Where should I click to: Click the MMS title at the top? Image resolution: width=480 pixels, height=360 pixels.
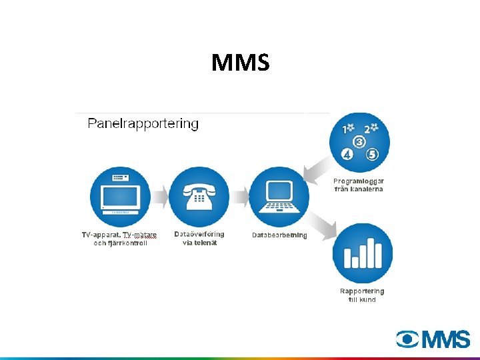click(x=240, y=63)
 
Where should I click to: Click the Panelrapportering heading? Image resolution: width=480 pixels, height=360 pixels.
click(x=143, y=124)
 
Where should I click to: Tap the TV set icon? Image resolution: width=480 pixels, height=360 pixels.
click(x=120, y=196)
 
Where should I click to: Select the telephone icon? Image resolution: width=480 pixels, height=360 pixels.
click(x=199, y=196)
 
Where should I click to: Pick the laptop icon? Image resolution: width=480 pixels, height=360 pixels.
click(x=279, y=196)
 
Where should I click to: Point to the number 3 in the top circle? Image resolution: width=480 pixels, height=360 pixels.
click(x=359, y=142)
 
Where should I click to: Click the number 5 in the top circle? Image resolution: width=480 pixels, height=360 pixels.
click(x=372, y=155)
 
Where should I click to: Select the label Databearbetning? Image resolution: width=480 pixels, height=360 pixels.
click(x=279, y=235)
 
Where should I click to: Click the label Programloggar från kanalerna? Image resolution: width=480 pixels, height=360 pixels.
click(x=359, y=185)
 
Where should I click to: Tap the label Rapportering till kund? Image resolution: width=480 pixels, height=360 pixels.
click(x=362, y=295)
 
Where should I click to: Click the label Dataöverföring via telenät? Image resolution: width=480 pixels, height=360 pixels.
click(x=199, y=238)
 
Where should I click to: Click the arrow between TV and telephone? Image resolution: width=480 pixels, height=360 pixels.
click(x=159, y=196)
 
